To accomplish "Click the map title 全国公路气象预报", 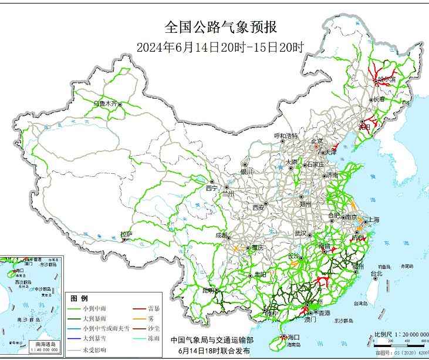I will [x=220, y=27].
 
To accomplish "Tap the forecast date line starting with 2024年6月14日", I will [x=220, y=48].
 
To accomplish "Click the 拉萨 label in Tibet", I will [x=126, y=234].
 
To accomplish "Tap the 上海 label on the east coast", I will [x=373, y=220].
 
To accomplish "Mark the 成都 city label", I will [x=221, y=235].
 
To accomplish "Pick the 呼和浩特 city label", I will [x=286, y=136].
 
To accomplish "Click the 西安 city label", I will [x=259, y=207].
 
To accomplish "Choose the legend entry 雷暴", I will [x=154, y=308].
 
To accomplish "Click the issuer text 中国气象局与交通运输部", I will [x=212, y=339].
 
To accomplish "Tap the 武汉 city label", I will [x=301, y=233].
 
